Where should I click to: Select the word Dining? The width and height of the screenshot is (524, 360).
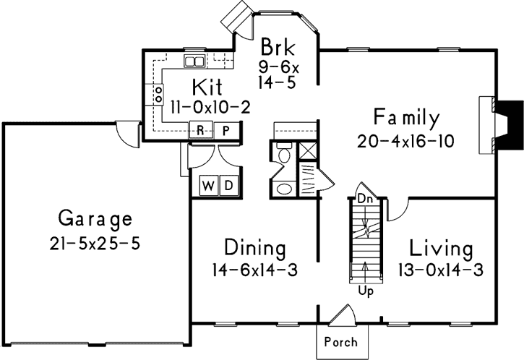pyautogui.click(x=254, y=248)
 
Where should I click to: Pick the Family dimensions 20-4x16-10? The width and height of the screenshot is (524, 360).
pyautogui.click(x=405, y=141)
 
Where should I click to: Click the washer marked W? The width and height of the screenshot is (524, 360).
pyautogui.click(x=208, y=185)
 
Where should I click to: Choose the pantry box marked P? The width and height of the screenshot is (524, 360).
pyautogui.click(x=225, y=130)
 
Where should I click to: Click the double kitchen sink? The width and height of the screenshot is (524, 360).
pyautogui.click(x=194, y=61)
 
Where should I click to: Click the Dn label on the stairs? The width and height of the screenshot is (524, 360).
pyautogui.click(x=365, y=197)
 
